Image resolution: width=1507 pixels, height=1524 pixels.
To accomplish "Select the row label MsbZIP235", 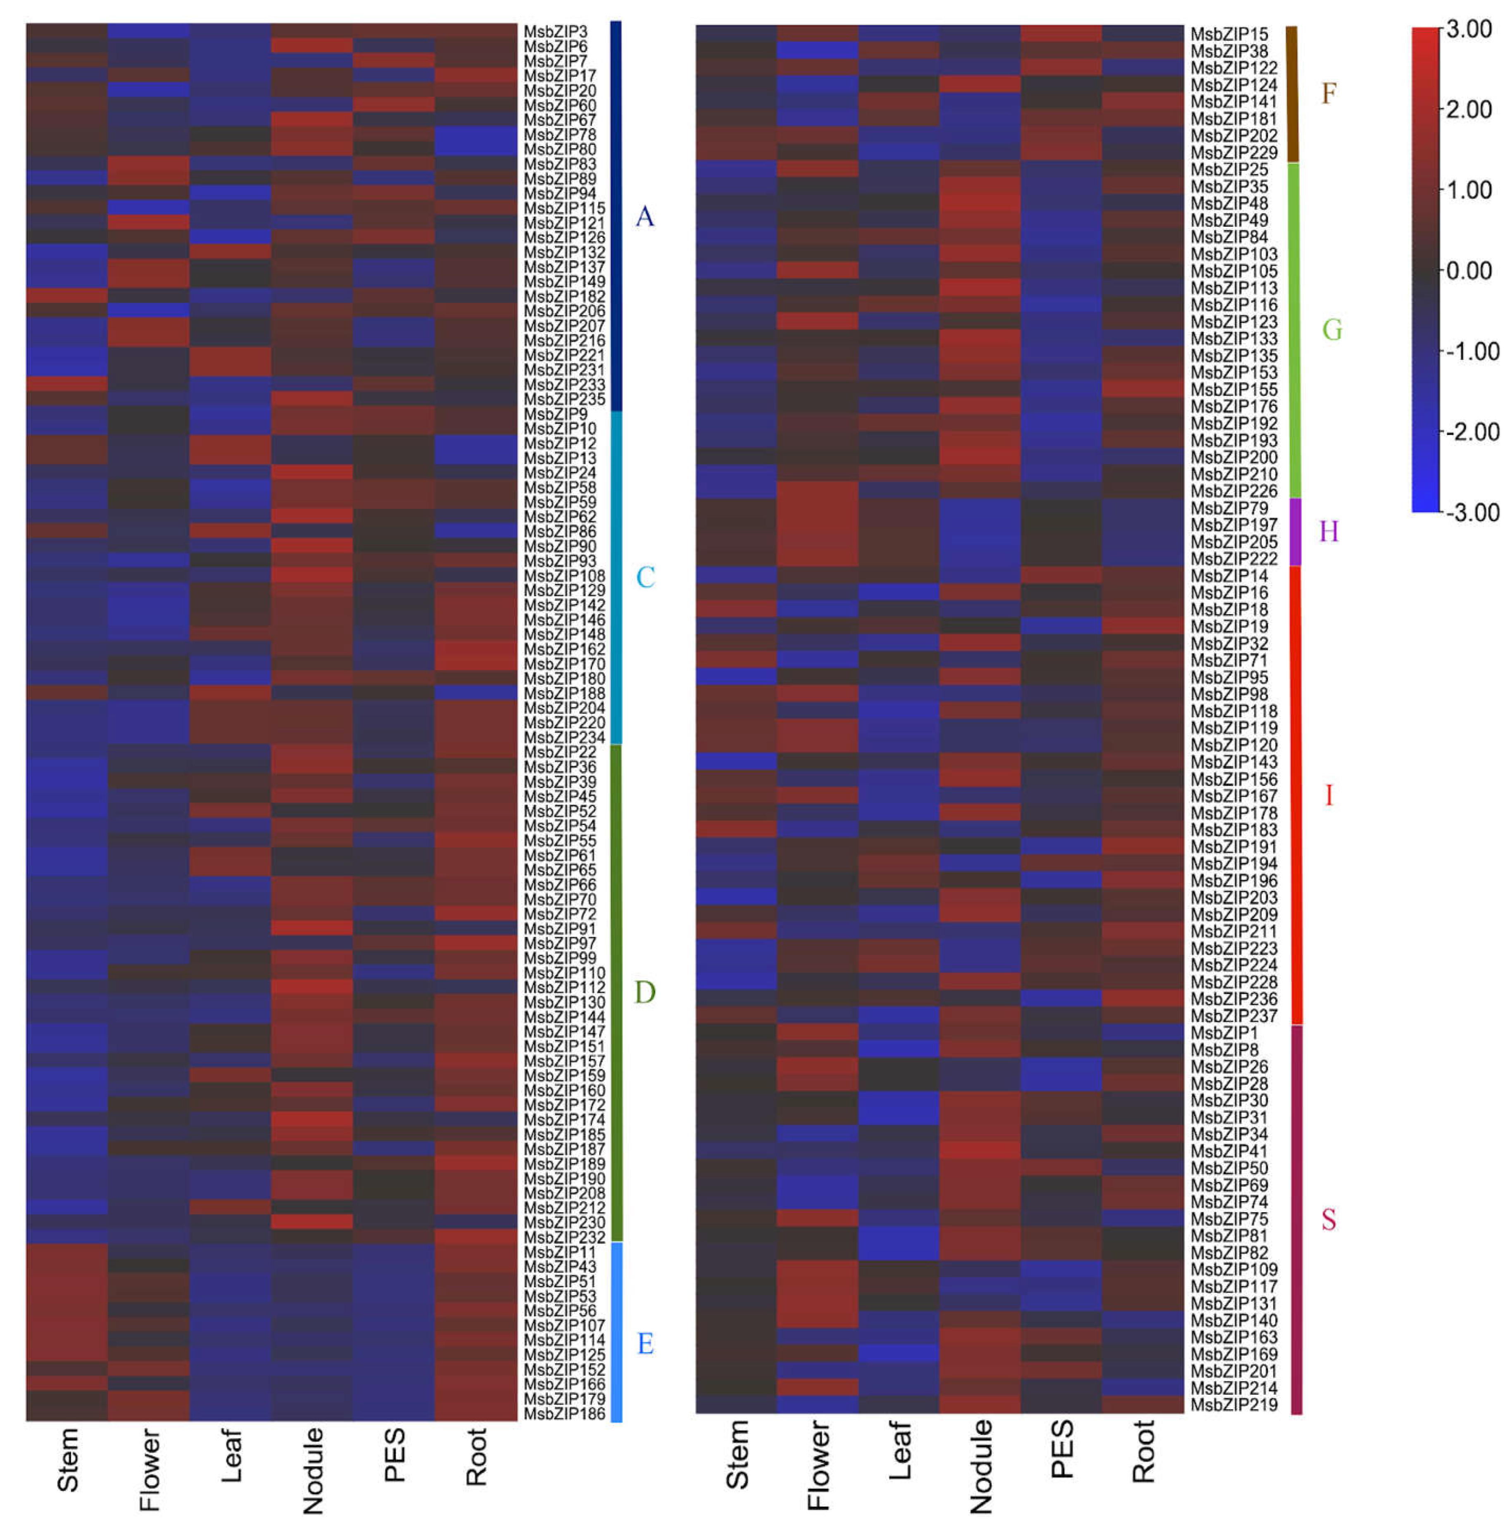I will coord(564,399).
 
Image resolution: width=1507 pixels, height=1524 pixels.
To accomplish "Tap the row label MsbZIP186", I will coord(564,1414).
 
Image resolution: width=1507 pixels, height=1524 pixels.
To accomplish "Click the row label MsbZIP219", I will coord(1233,1405).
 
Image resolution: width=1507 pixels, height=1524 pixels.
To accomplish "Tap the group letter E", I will coord(644,1344).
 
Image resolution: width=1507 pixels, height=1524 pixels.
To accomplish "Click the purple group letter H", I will coord(1329,532).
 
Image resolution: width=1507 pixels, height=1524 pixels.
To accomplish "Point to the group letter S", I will coord(1329,1220).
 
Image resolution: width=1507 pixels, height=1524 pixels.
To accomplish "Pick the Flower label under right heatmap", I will coord(819,1466).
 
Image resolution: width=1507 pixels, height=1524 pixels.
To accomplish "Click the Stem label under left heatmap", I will coord(68,1459).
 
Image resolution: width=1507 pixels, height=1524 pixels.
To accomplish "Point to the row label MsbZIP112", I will coord(564,987).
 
